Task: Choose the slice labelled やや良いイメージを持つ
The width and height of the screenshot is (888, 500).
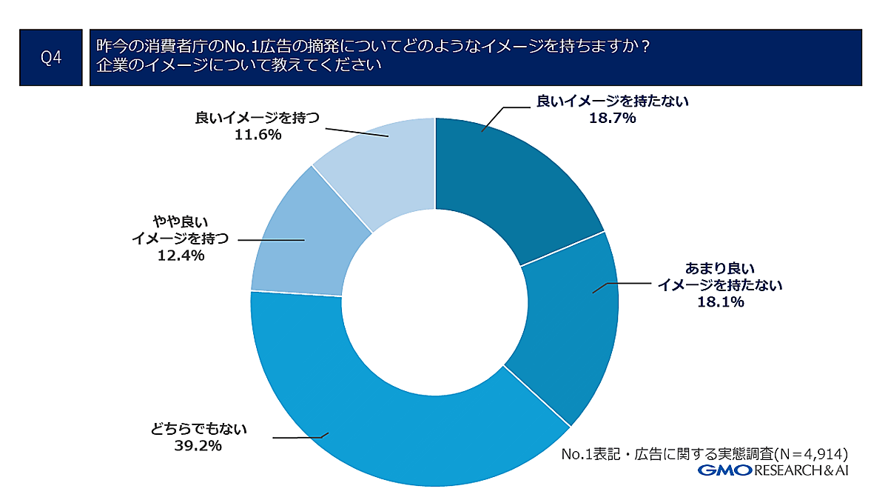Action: [303, 244]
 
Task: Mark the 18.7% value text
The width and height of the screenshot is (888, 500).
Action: [612, 119]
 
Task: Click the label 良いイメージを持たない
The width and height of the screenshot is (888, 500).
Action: [612, 102]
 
